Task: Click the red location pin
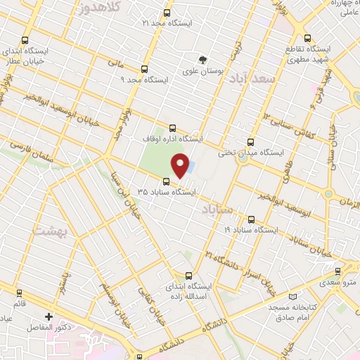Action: point(181,166)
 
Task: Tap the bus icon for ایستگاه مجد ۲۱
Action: point(167,13)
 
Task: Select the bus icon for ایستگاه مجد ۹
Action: point(144,69)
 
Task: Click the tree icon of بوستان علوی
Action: point(204,60)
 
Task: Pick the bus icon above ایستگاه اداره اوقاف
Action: point(174,127)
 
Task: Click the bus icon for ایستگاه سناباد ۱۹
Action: point(252,219)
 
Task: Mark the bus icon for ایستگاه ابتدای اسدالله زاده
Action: point(187,276)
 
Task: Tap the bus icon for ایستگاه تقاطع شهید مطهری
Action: point(307,39)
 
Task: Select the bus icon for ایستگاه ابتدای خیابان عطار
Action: point(25,41)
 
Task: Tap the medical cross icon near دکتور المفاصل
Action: point(49,316)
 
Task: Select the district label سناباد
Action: point(216,210)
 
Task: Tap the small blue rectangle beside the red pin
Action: point(193,167)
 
